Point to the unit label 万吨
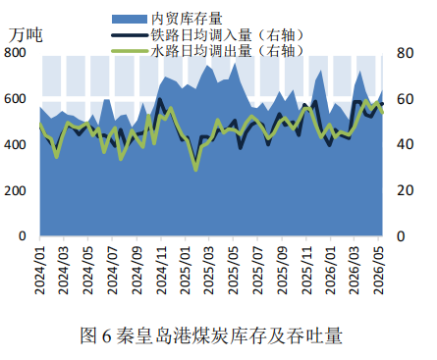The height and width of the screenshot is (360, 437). click(26, 35)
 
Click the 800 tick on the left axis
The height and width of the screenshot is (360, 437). click(15, 53)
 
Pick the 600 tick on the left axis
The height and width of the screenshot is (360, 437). click(15, 99)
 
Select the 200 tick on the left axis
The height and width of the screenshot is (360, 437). click(15, 190)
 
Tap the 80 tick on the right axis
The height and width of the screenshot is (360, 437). click(406, 53)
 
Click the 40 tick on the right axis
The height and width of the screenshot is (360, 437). click(406, 144)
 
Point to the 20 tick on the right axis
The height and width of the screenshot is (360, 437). click(406, 190)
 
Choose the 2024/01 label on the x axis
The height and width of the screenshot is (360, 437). click(40, 270)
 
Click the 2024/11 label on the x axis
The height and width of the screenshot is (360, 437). click(161, 270)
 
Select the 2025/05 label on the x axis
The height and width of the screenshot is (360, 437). click(234, 270)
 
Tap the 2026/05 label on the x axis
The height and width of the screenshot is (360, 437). click(379, 270)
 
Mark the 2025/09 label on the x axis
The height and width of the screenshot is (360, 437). click(282, 270)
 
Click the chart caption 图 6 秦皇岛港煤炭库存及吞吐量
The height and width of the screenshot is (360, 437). click(211, 335)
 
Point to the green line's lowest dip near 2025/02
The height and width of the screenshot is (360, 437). click(195, 170)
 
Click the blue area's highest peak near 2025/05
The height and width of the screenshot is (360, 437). click(235, 64)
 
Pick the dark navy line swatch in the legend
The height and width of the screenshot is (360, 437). click(130, 35)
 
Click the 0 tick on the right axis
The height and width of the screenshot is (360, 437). click(402, 236)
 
